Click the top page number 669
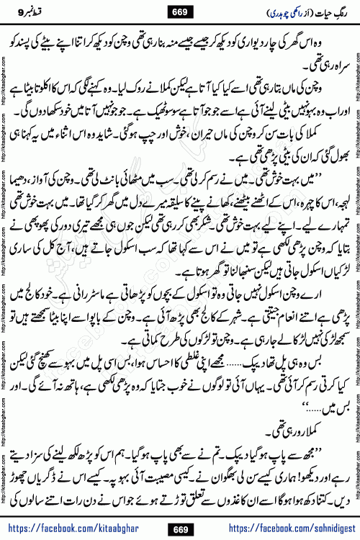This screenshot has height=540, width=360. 181,10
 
